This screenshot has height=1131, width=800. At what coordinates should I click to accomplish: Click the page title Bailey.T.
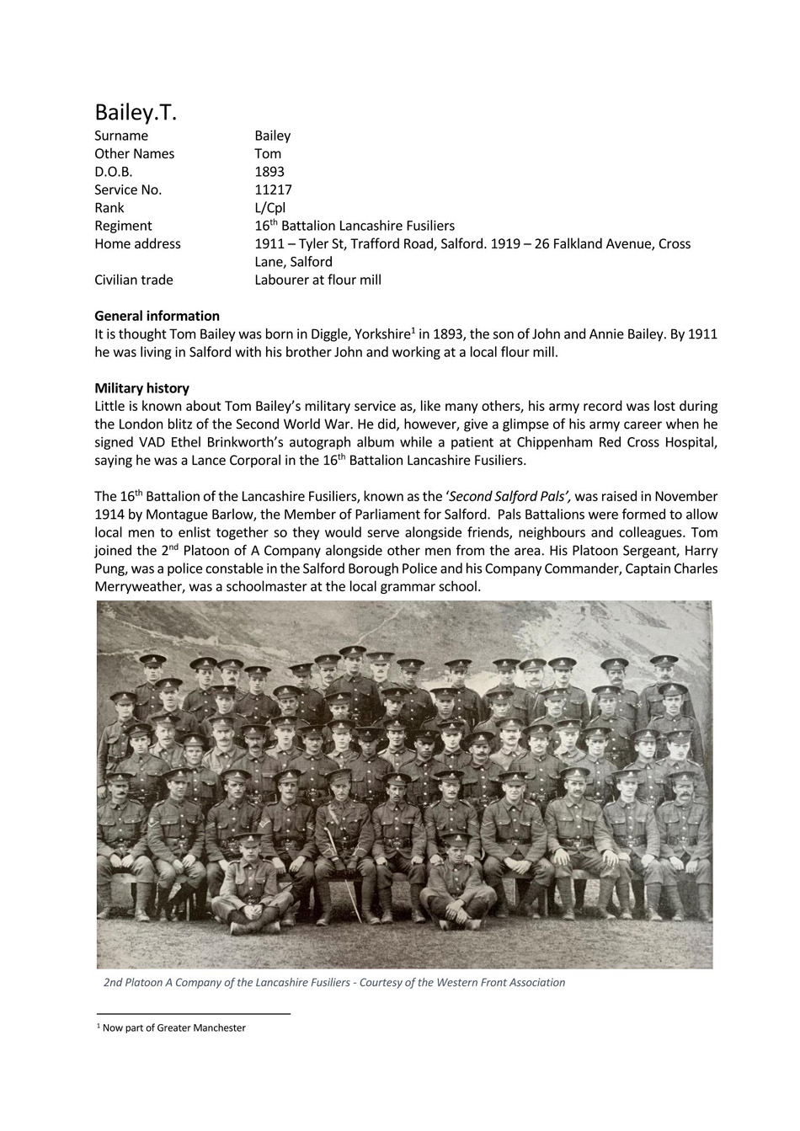click(x=136, y=112)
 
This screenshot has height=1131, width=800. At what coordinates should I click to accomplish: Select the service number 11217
click(x=273, y=189)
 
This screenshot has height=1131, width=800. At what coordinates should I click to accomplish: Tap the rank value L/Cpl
click(x=269, y=208)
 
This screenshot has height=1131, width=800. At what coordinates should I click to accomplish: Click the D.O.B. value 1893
click(x=269, y=172)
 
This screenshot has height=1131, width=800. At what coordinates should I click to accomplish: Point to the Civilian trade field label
click(x=133, y=280)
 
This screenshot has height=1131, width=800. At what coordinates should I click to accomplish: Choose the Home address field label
click(x=137, y=243)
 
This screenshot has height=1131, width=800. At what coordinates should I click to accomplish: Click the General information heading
click(x=157, y=316)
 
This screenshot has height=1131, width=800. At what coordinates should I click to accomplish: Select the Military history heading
click(x=141, y=388)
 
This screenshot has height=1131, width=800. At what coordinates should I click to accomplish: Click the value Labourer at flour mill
click(x=317, y=280)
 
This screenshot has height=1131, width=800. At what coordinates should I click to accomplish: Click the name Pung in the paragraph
click(x=111, y=569)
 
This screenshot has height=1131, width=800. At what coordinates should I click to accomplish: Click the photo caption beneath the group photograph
click(x=333, y=982)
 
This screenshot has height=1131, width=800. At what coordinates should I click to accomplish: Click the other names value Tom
click(x=268, y=153)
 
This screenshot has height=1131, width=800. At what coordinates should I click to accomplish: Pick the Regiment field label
click(x=123, y=226)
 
